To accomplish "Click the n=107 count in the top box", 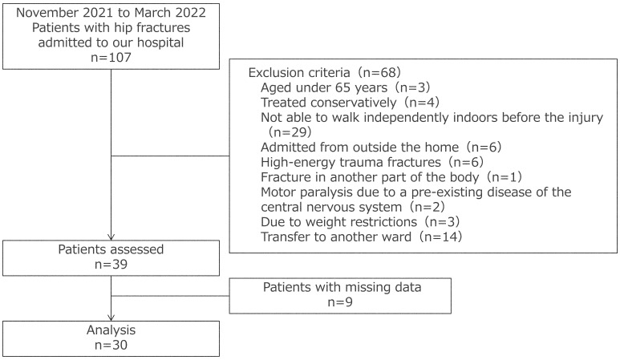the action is point(110,58).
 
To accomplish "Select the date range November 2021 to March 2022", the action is point(110,14).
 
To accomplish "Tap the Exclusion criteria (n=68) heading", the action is point(320,71).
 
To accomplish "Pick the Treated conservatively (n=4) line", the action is point(336,102).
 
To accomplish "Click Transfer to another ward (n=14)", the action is point(351,237).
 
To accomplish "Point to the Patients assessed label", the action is point(110,249).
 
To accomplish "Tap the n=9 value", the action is point(340,303).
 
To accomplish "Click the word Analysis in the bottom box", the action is point(110,329).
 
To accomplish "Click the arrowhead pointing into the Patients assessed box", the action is point(111,236).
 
